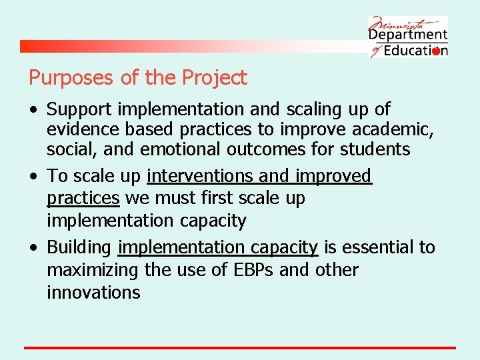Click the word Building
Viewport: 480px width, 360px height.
[79, 247]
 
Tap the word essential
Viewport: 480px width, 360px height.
[378, 247]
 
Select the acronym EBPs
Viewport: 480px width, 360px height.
[249, 270]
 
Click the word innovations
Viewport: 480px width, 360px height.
[93, 292]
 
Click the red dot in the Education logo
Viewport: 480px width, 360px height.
[436, 51]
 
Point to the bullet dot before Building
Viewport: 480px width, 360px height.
[33, 248]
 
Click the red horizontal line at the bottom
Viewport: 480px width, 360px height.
[240, 347]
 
